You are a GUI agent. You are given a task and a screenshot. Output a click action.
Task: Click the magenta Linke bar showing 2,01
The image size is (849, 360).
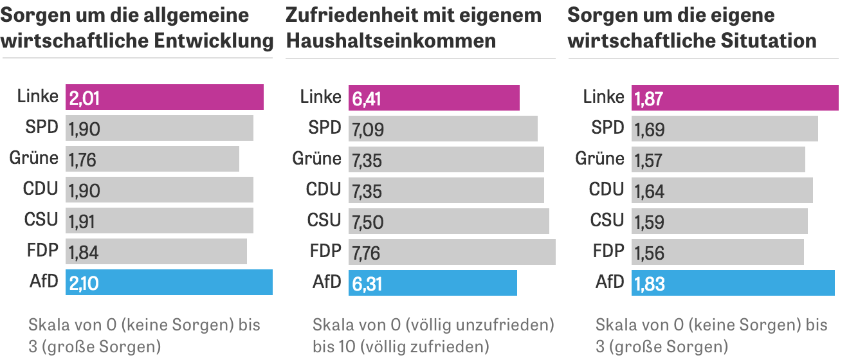pos(165,97)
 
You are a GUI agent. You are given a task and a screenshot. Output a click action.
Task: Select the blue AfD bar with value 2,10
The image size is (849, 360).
pos(169,282)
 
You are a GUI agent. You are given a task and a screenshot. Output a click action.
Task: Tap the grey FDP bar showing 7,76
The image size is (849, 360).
pos(452,252)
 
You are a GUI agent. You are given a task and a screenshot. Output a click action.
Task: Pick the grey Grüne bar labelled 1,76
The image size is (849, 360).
pos(152,159)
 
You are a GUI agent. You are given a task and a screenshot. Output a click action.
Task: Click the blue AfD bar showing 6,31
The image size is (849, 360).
pos(432,283)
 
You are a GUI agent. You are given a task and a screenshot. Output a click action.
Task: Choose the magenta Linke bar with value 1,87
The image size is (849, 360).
pos(735,98)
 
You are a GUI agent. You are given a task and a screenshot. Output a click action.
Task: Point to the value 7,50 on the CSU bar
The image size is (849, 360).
pos(367,222)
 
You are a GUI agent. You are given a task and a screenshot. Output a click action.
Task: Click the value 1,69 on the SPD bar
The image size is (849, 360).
pos(649,129)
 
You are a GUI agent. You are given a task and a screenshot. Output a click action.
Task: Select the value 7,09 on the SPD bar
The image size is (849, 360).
pos(367,129)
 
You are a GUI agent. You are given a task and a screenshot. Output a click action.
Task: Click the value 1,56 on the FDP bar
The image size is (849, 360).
pos(649,253)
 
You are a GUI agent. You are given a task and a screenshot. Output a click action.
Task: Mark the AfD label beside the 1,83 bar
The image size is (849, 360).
pos(610,282)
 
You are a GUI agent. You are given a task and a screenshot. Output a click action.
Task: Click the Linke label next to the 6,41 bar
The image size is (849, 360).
pos(320,96)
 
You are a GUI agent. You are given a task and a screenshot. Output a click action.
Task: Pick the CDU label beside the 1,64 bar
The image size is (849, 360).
pos(607,189)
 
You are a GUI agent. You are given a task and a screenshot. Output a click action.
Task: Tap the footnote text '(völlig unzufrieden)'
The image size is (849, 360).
pos(482,324)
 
